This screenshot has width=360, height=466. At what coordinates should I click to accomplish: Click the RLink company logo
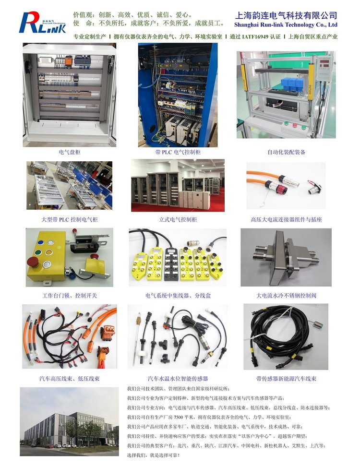tap(42, 22)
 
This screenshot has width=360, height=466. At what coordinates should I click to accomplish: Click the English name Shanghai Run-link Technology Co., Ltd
tap(286, 24)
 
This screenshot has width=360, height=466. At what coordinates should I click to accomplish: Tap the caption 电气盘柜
tap(70, 152)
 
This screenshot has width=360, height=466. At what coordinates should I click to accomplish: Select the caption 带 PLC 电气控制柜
tap(178, 152)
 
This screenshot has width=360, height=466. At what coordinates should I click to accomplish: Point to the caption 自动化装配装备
tap(286, 152)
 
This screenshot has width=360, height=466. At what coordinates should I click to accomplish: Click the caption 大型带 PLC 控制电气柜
tap(69, 220)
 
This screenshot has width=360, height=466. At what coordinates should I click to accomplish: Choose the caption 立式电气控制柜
tap(178, 220)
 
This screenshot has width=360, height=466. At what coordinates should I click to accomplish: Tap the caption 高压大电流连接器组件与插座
tap(286, 220)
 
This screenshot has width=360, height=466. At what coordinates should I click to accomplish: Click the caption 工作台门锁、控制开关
tap(70, 296)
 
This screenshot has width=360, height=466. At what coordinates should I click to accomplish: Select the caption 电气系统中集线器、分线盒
tap(178, 296)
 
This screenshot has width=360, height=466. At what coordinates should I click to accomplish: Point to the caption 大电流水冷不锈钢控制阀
tap(286, 296)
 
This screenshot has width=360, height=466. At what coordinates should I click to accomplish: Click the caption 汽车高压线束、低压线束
tap(70, 379)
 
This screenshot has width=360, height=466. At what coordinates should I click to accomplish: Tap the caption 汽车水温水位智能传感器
tap(178, 379)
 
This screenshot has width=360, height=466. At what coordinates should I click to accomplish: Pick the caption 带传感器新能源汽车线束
tap(286, 379)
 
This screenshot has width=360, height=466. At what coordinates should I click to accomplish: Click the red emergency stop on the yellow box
tap(33, 263)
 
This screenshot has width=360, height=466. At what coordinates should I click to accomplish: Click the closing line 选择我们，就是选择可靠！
tap(154, 455)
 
